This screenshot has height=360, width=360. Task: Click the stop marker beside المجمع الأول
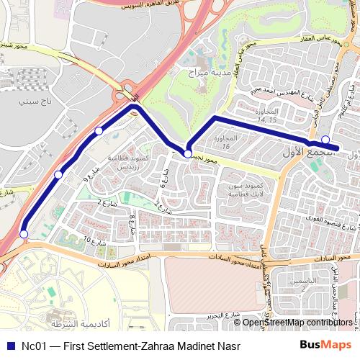(x=325, y=140)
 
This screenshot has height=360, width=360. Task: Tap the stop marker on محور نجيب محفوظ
(x=188, y=153)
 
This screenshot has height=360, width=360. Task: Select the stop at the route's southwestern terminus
(x=24, y=234)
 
